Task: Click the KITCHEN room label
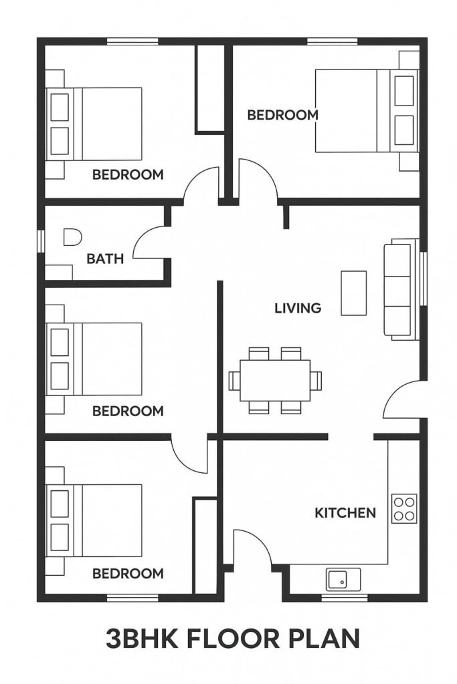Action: point(345,512)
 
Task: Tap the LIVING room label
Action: point(298,309)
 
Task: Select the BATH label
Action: point(105,259)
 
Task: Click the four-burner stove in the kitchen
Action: point(404,508)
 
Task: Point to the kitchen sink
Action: point(343,579)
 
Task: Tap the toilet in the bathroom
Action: point(72,237)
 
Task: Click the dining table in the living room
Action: point(275,380)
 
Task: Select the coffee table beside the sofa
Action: point(353,293)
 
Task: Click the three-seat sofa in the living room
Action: point(401,290)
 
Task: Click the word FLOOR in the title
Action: point(234,639)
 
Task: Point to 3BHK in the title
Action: point(142,639)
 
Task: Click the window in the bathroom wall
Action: point(41,241)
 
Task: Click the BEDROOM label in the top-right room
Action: point(282,115)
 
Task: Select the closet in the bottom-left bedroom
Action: point(205,545)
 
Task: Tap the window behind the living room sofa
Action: point(422,278)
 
